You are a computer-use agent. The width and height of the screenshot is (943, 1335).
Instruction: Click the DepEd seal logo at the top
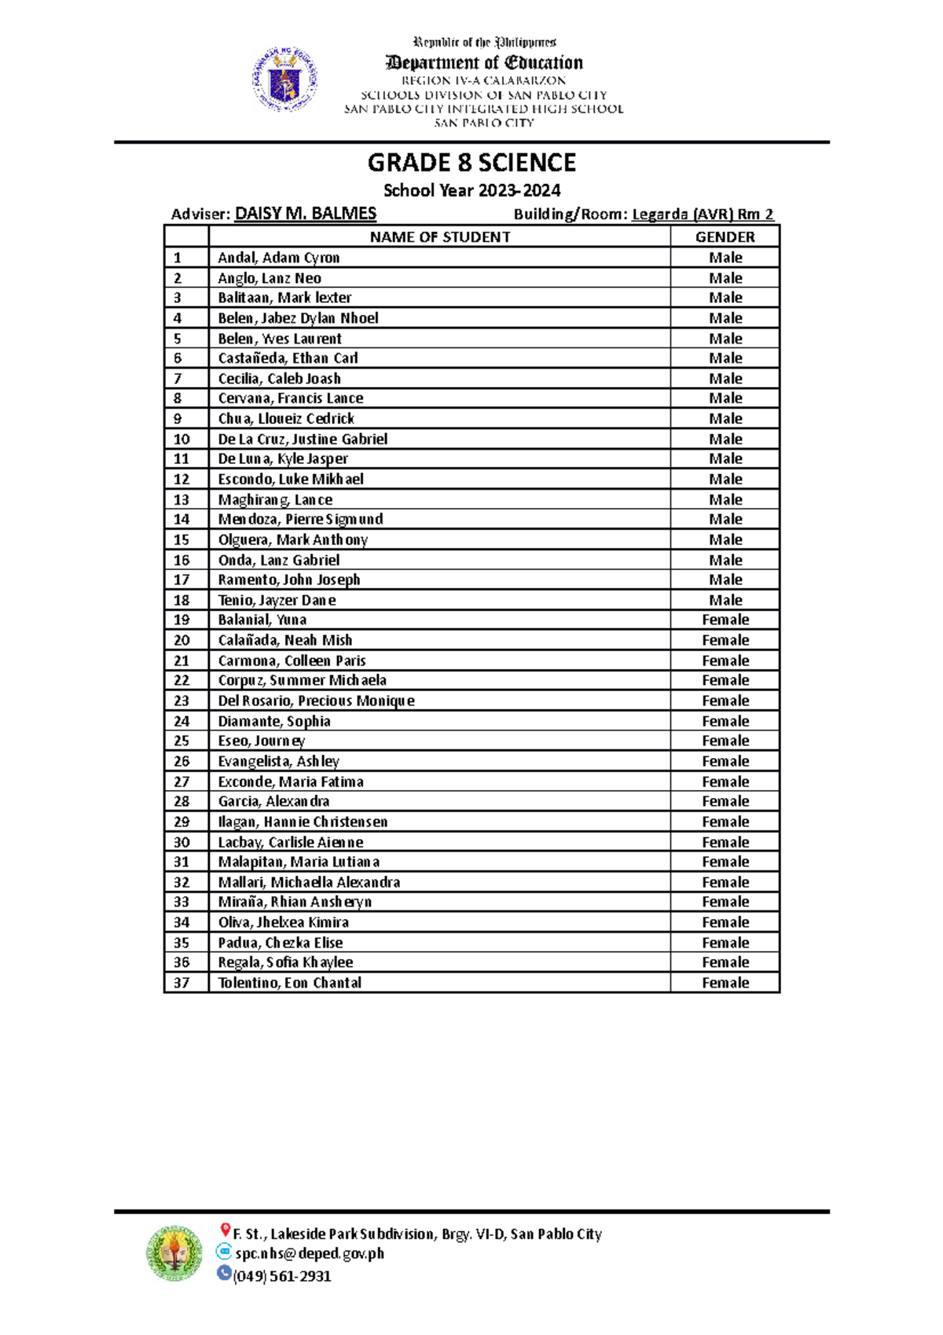tap(284, 79)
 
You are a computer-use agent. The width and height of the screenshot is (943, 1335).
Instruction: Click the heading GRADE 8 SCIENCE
tap(472, 163)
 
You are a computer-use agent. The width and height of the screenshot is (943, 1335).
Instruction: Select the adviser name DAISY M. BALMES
tap(306, 213)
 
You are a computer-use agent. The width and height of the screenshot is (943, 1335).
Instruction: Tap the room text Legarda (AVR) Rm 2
tap(703, 214)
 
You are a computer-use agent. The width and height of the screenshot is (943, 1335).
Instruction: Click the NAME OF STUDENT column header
tap(440, 237)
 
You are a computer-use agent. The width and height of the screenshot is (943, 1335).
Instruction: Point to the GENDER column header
tap(725, 237)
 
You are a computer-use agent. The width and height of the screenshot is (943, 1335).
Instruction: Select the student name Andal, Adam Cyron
tap(278, 258)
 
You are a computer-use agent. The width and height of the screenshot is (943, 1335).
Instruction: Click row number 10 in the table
tap(182, 439)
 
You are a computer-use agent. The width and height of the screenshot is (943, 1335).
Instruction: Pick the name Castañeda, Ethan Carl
tap(288, 359)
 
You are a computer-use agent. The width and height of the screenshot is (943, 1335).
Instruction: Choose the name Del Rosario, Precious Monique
tap(316, 701)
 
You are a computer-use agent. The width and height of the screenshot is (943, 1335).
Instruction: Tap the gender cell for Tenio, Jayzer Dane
tap(725, 600)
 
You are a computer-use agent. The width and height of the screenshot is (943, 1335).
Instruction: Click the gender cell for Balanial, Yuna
tap(725, 620)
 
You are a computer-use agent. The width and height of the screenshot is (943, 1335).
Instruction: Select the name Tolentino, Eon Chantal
tap(289, 983)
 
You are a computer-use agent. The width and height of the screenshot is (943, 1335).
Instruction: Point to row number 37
tap(182, 983)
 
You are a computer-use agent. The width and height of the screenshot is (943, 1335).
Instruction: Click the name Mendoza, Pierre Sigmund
tap(300, 519)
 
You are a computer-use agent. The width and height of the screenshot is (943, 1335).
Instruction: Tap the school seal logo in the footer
tap(174, 1252)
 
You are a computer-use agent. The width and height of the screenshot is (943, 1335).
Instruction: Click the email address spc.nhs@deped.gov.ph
tap(310, 1253)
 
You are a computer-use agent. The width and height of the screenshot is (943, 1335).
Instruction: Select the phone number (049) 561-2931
tap(282, 1276)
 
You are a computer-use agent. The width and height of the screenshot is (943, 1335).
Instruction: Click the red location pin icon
tap(225, 1230)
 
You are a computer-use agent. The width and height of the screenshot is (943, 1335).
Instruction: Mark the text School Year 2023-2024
tap(472, 190)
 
